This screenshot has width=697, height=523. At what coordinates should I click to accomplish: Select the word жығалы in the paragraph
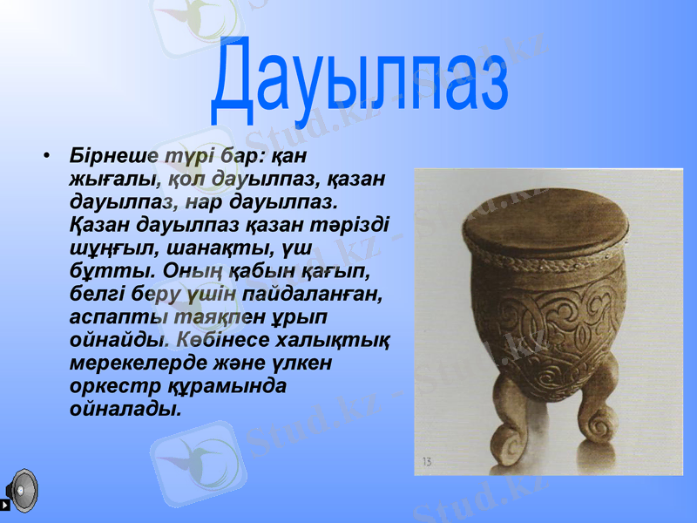(113, 180)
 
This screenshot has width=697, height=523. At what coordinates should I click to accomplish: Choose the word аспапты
(108, 316)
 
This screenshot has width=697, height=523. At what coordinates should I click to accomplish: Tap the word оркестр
(111, 384)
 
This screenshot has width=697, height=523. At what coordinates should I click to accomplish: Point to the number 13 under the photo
(427, 461)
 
